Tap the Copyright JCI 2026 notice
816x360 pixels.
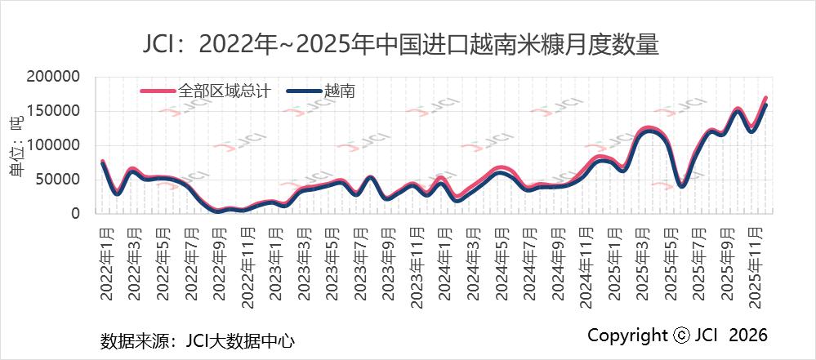click(677, 336)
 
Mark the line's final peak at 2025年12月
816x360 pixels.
click(765, 101)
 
